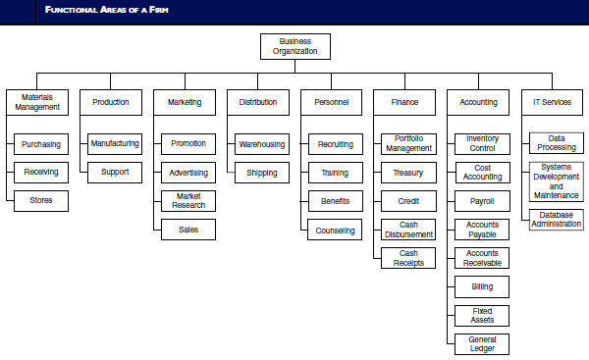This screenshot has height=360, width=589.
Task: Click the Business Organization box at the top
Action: coord(294,46)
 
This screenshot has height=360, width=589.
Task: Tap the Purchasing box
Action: coord(41,144)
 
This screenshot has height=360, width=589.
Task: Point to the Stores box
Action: coord(41,201)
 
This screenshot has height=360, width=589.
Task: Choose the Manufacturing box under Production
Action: coord(114,144)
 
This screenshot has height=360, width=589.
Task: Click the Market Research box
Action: coord(188,201)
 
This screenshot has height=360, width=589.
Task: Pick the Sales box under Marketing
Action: coord(188,230)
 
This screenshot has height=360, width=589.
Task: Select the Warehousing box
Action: coord(261,144)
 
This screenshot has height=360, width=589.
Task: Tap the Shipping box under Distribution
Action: coord(261,173)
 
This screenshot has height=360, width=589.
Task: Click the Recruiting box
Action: coord(335,144)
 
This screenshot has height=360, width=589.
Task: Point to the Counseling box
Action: coord(335,230)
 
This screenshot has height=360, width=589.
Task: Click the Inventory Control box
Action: coord(482,144)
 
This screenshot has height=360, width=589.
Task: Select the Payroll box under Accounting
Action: coord(482,201)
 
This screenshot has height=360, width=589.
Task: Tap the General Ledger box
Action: coord(482,343)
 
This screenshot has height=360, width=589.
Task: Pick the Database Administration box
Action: coord(556,220)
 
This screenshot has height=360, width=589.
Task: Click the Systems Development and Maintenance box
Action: coord(556,181)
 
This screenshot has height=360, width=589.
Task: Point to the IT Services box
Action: coord(552,102)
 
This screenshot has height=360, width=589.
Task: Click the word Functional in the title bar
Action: coord(66,8)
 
